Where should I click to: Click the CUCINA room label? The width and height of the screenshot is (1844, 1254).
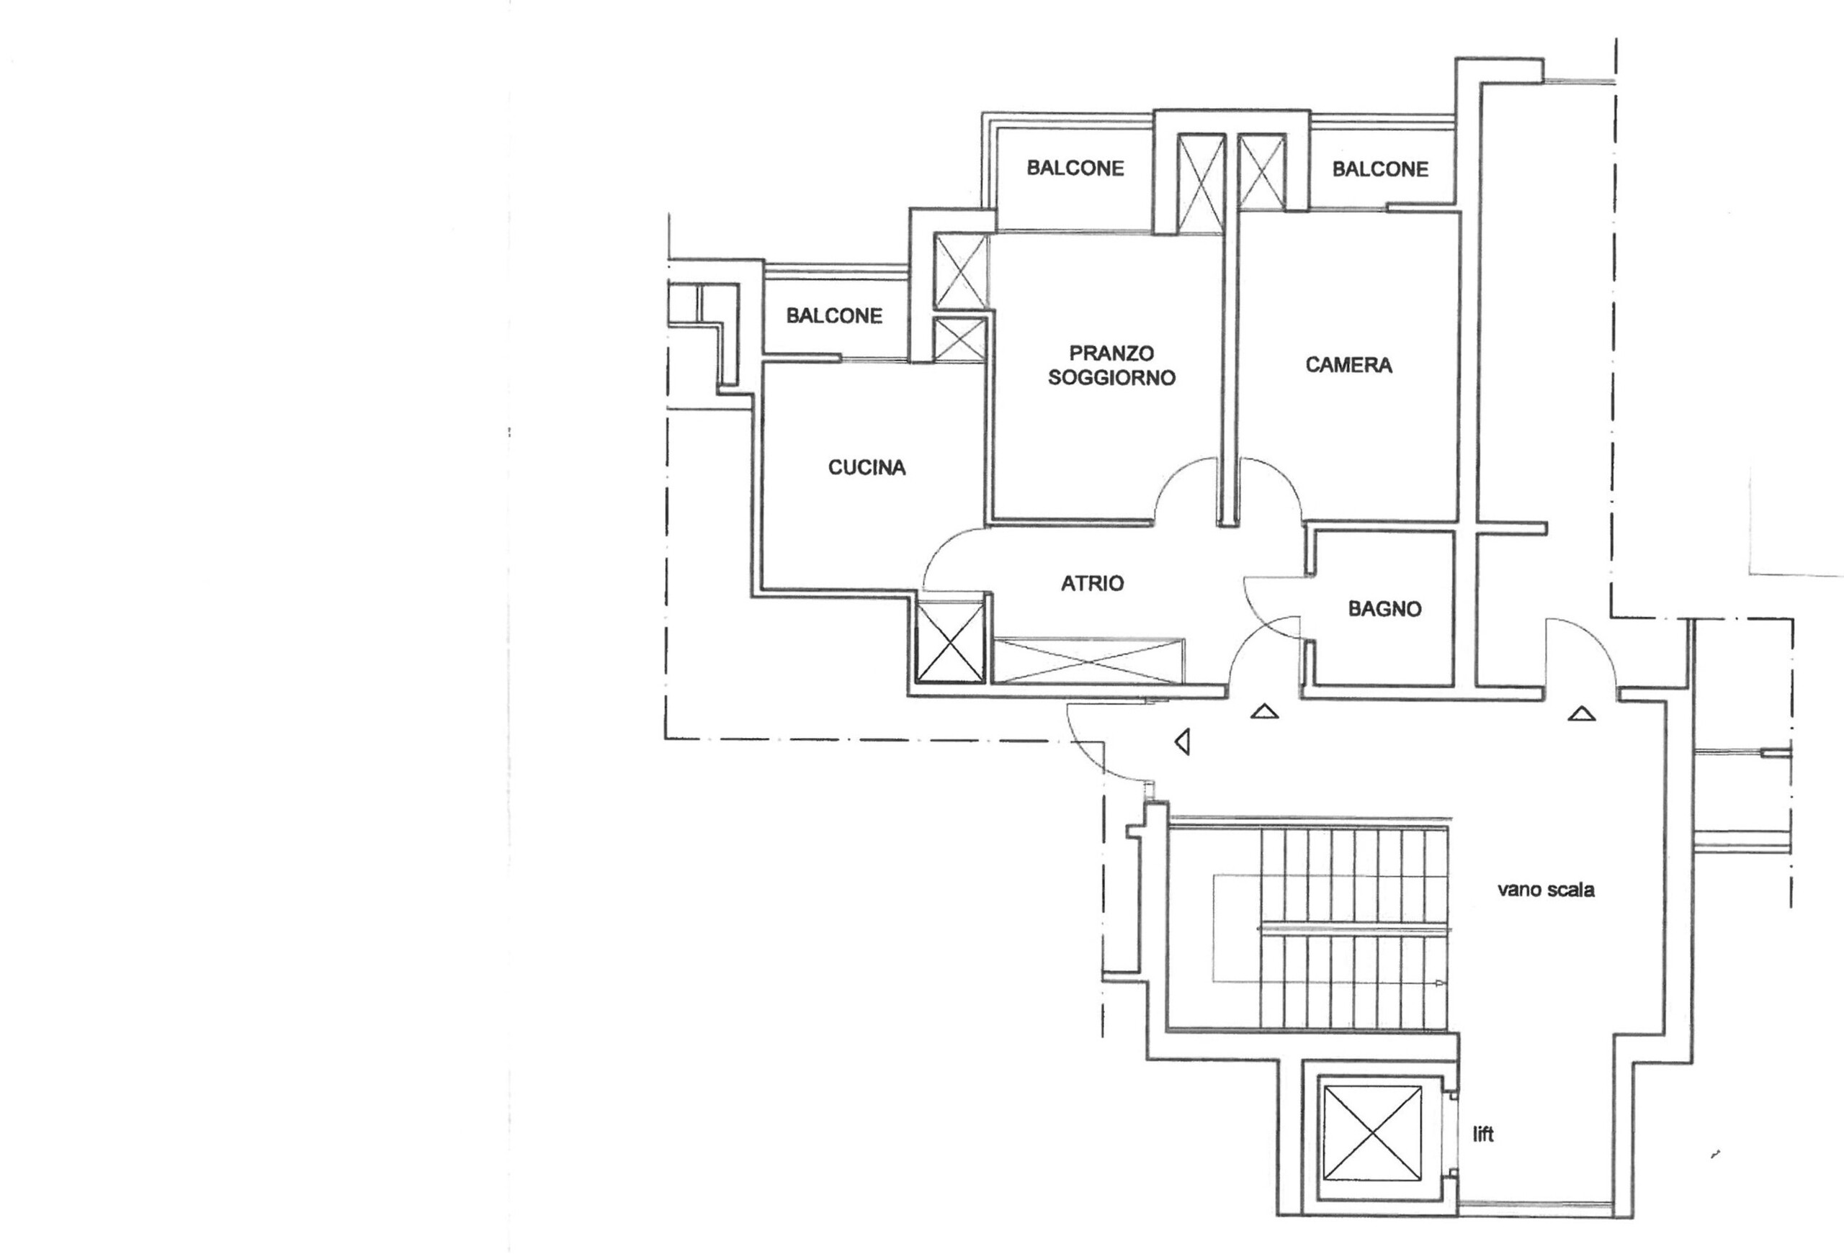(x=867, y=468)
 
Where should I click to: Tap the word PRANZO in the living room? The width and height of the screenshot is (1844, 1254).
(x=1111, y=353)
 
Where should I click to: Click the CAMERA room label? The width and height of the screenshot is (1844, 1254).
(x=1348, y=365)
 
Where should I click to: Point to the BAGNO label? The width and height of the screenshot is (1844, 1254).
(x=1384, y=609)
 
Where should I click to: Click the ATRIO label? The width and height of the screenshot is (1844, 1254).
(x=1092, y=584)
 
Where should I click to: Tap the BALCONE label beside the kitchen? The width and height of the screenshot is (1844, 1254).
(x=834, y=316)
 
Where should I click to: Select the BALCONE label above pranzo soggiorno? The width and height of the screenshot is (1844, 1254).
(x=1075, y=168)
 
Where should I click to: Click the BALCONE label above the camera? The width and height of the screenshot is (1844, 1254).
(x=1380, y=169)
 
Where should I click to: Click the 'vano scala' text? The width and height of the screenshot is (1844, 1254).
(x=1546, y=890)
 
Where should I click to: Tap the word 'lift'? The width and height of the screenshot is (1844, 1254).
(x=1483, y=1135)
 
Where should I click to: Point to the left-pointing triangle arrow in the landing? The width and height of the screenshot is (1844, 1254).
(x=1183, y=742)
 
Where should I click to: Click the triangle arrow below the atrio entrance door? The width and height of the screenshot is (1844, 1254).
(x=1264, y=712)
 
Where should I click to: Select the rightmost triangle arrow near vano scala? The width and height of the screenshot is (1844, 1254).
(x=1581, y=715)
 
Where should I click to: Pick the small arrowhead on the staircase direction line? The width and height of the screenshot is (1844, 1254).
(x=1439, y=984)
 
